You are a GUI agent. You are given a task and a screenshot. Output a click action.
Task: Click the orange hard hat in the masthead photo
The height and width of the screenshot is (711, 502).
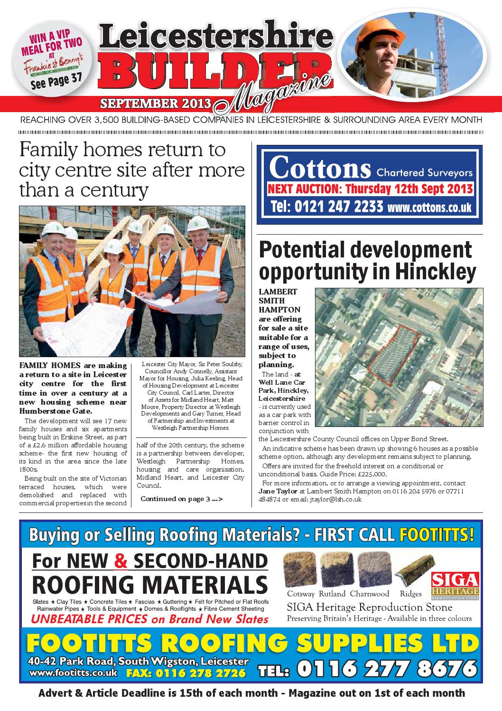point(383,38)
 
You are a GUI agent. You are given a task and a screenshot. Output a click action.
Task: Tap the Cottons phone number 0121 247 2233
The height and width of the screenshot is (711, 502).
point(326,207)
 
